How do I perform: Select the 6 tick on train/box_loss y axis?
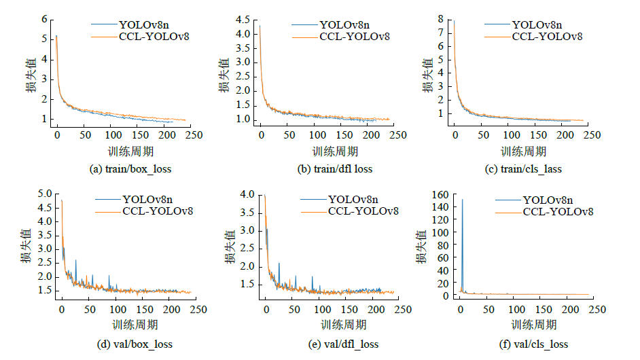click(45, 19)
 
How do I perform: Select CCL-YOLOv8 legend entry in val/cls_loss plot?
click(558, 212)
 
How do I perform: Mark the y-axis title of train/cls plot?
click(429, 75)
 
